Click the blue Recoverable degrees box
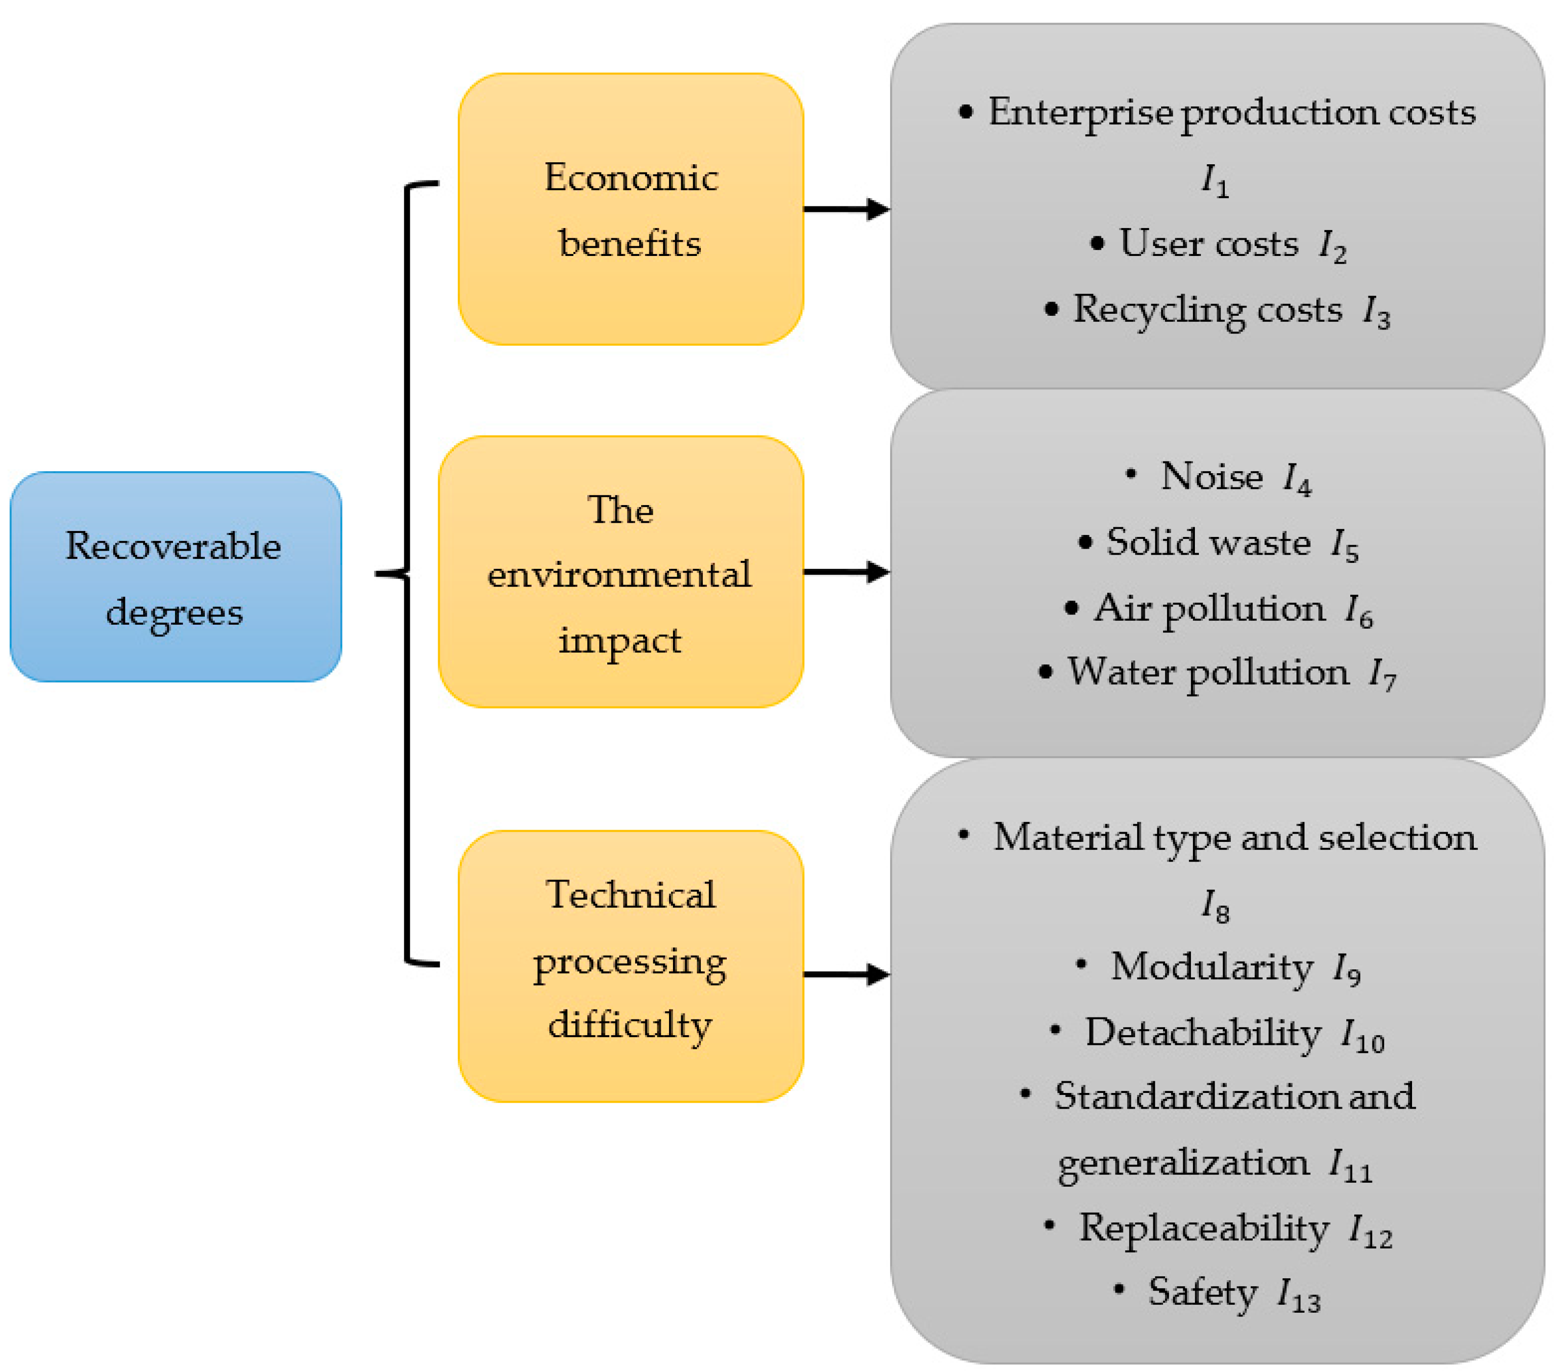175,576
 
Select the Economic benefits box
630,209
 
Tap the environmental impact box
620,572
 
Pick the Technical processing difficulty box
630,965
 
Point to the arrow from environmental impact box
845,572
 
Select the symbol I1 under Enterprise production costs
1215,180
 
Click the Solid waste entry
1208,542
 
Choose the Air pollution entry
1208,608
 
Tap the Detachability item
1202,1032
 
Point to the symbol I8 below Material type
1215,905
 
